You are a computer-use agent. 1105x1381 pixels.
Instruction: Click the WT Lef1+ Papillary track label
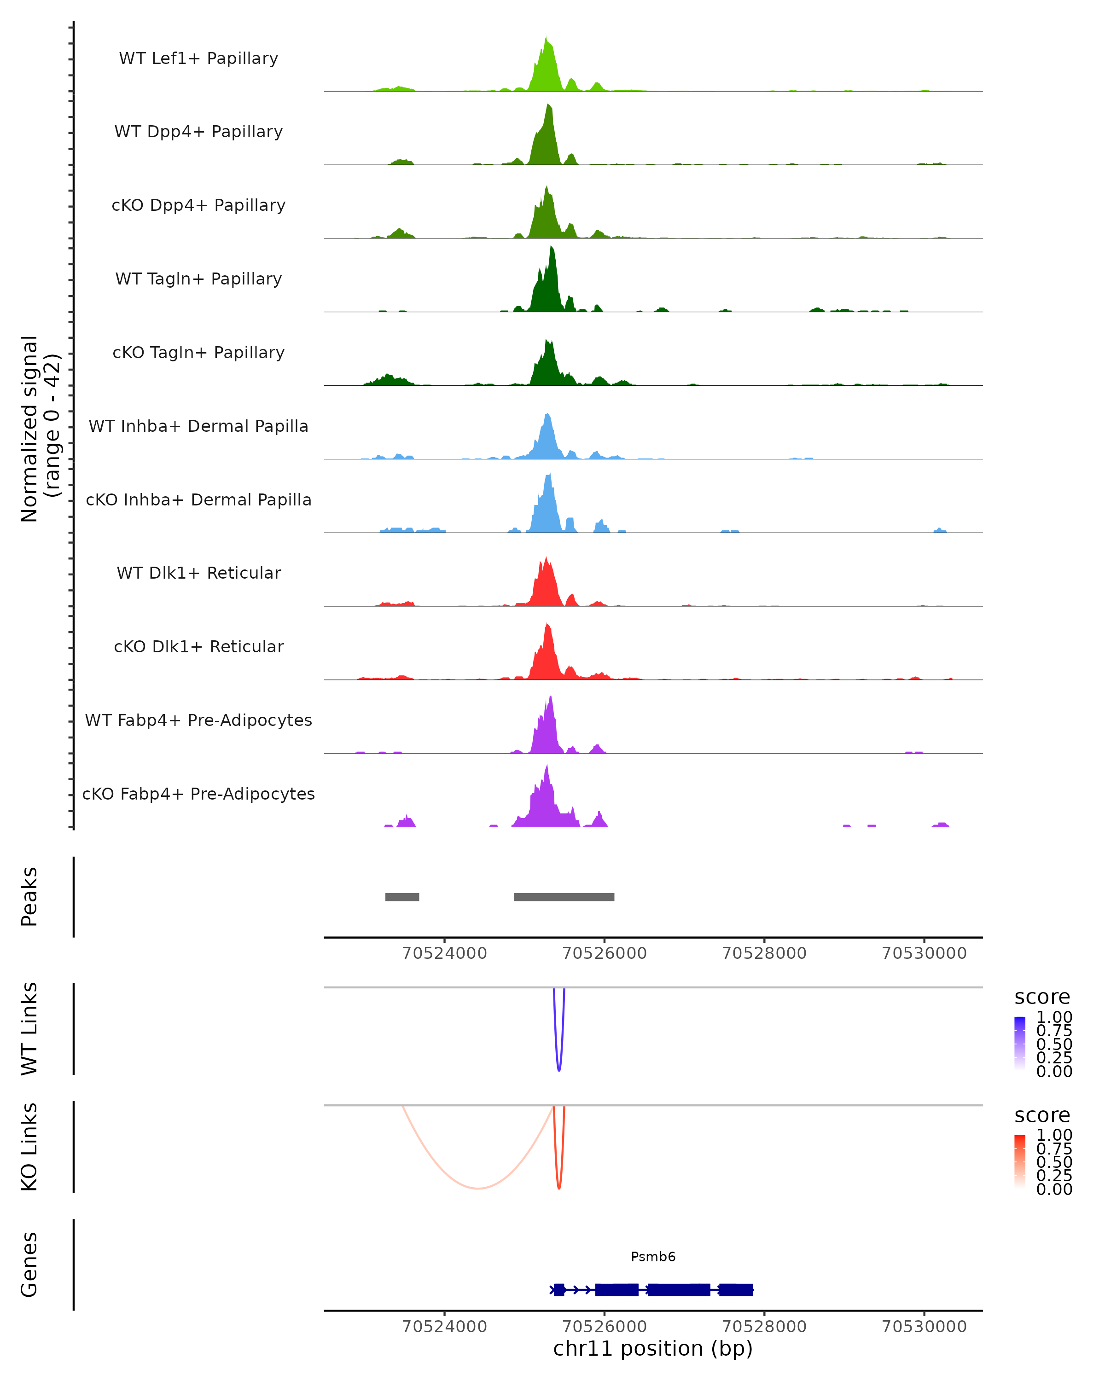pyautogui.click(x=198, y=58)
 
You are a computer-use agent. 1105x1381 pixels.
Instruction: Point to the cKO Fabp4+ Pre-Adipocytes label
pyautogui.click(x=198, y=794)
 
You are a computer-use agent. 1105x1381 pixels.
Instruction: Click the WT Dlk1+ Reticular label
pyautogui.click(x=198, y=573)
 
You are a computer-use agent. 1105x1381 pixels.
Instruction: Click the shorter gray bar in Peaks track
pyautogui.click(x=402, y=897)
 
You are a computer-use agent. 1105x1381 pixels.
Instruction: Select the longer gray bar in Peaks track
pyautogui.click(x=564, y=897)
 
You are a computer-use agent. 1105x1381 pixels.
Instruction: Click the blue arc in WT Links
pyautogui.click(x=559, y=1068)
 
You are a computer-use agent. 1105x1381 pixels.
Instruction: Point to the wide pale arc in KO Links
pyautogui.click(x=478, y=1188)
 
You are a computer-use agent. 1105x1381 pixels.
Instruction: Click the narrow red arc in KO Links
pyautogui.click(x=559, y=1187)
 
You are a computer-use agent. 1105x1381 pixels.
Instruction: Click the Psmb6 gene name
pyautogui.click(x=653, y=1257)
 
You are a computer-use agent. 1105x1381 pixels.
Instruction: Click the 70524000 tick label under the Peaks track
pyautogui.click(x=444, y=953)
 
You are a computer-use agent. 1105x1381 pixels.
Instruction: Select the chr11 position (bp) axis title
pyautogui.click(x=653, y=1348)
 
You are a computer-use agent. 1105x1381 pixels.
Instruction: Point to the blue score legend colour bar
pyautogui.click(x=1020, y=1043)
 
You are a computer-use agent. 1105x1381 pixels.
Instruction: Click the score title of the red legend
pyautogui.click(x=1041, y=1115)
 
